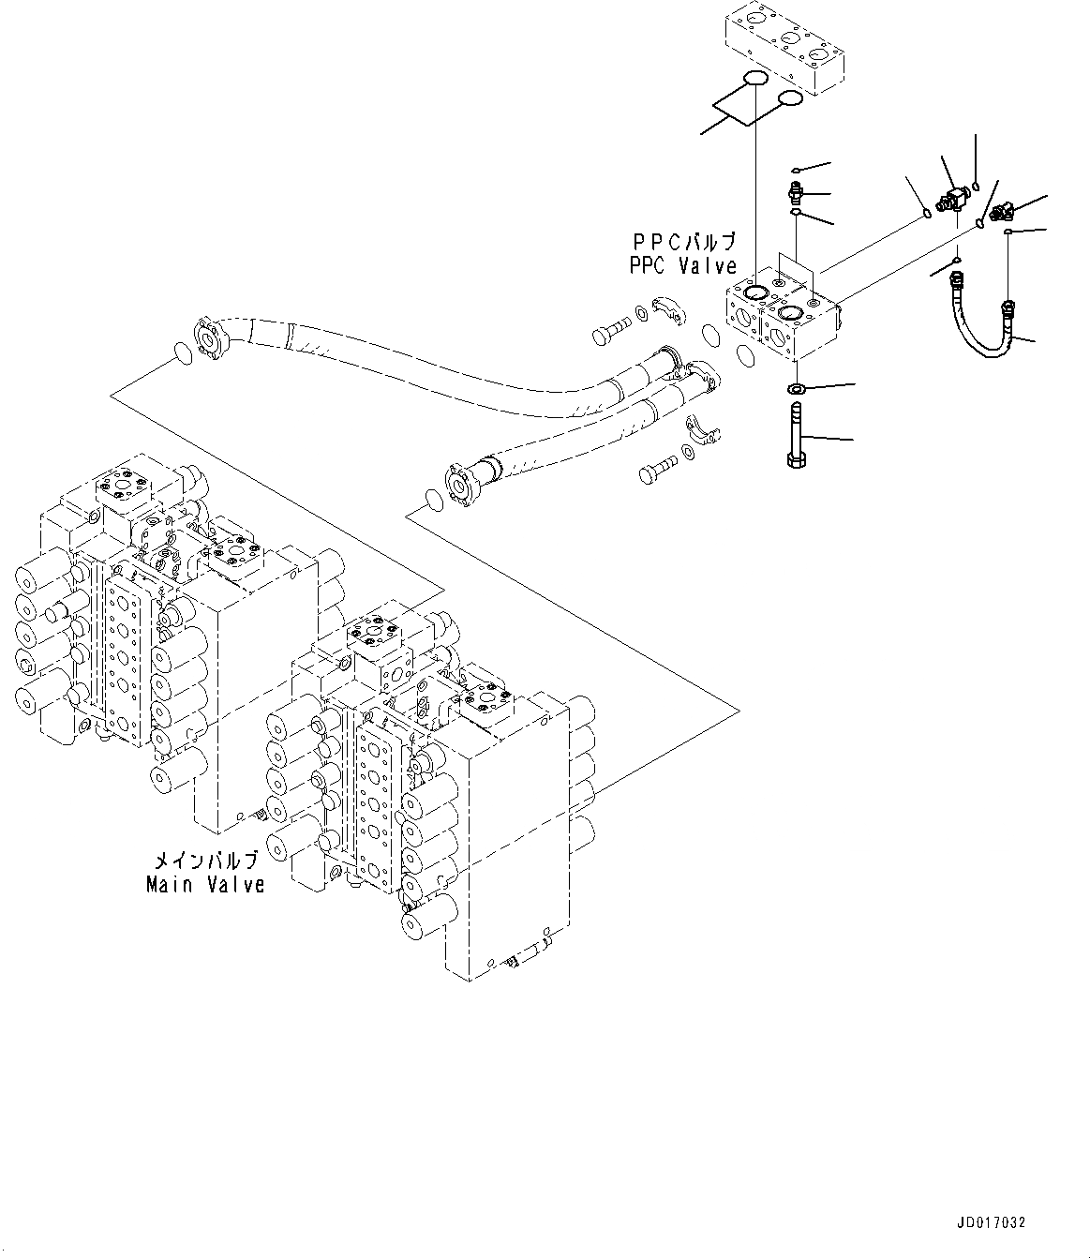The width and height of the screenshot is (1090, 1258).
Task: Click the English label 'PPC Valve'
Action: (x=682, y=266)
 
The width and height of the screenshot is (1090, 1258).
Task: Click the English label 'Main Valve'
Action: (x=205, y=884)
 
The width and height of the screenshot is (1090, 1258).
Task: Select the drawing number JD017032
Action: (x=992, y=1222)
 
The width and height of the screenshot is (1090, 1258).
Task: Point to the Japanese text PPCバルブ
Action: (x=682, y=244)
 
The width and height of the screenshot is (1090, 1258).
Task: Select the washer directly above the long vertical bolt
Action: (x=796, y=389)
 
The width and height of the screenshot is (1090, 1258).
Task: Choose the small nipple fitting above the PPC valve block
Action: (x=795, y=194)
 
